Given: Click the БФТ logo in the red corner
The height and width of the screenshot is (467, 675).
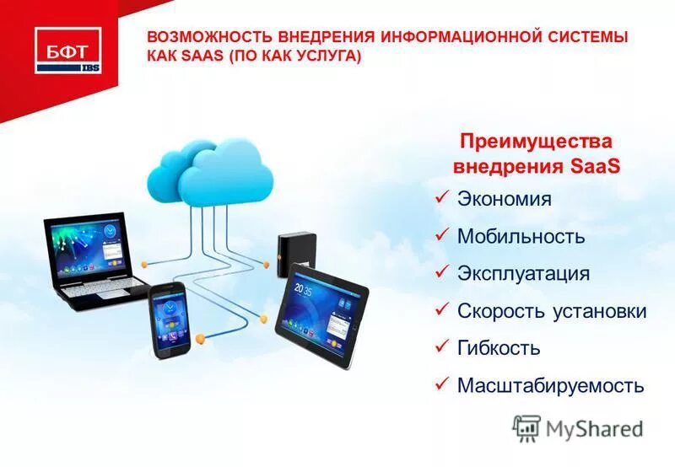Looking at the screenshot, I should pyautogui.click(x=67, y=49).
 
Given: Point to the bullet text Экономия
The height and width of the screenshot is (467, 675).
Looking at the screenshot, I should pyautogui.click(x=504, y=200).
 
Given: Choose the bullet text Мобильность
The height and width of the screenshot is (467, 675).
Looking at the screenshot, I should pyautogui.click(x=521, y=237).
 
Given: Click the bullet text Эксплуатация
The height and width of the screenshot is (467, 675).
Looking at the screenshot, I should pyautogui.click(x=523, y=274).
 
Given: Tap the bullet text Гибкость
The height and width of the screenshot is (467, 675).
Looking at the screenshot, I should pyautogui.click(x=498, y=348).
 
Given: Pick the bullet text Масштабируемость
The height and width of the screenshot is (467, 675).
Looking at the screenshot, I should pyautogui.click(x=550, y=386).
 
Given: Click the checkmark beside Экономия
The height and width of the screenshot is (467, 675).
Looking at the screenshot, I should pyautogui.click(x=440, y=198).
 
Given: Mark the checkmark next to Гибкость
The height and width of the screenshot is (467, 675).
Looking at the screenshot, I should pyautogui.click(x=440, y=346).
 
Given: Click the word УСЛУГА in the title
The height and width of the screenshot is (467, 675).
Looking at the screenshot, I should pyautogui.click(x=323, y=56).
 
